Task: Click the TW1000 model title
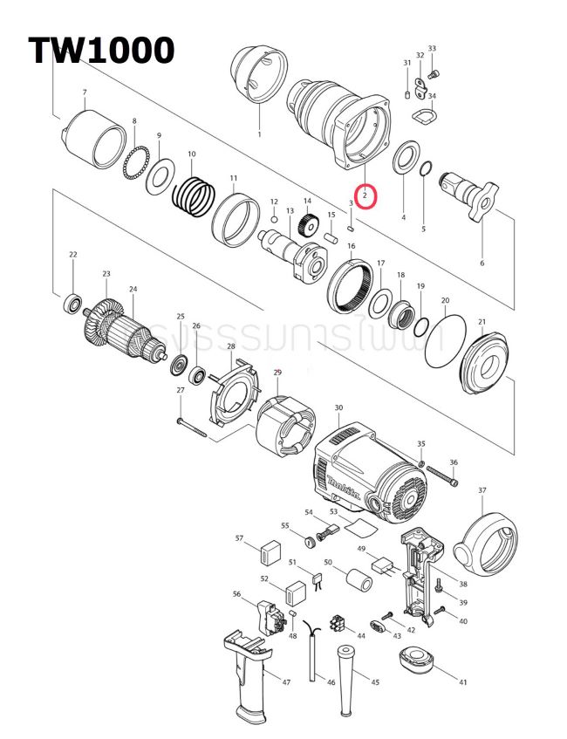tap(101, 51)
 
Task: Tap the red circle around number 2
tap(365, 196)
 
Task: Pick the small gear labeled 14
tap(306, 223)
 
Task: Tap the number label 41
tap(462, 682)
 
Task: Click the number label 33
tap(432, 49)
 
